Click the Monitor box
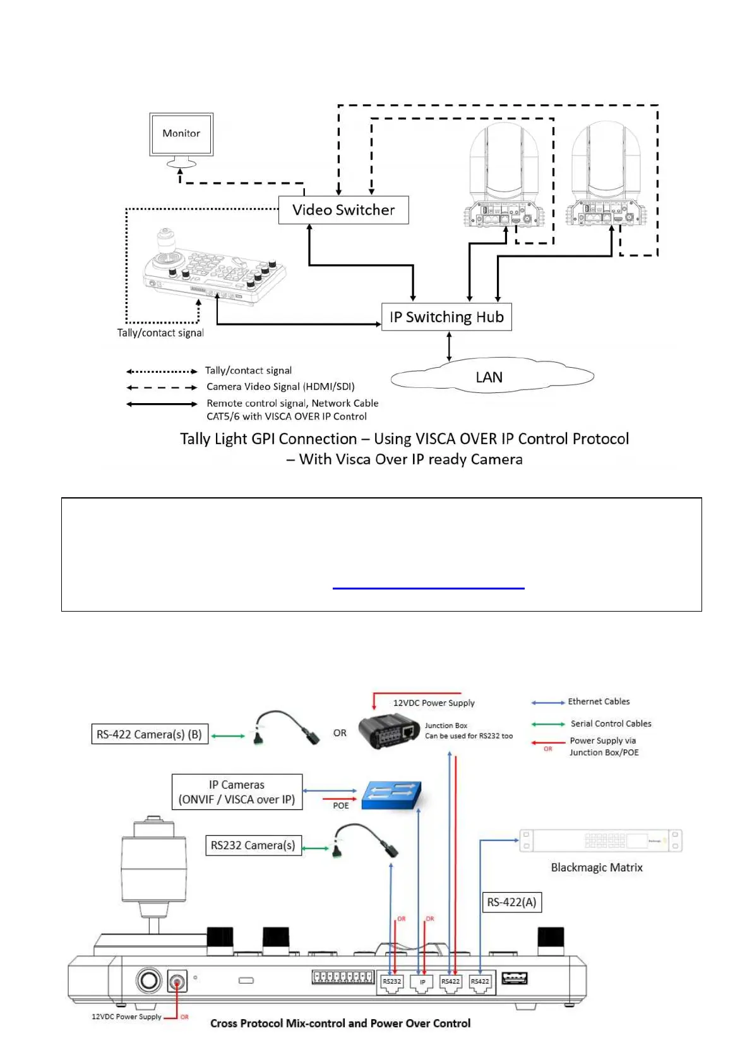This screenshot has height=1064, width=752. (x=181, y=133)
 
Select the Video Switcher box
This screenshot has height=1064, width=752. (x=343, y=210)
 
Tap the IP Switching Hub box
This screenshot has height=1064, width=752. (x=446, y=317)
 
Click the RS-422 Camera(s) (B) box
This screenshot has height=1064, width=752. (x=150, y=734)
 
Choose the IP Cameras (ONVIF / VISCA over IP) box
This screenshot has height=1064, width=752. (x=237, y=792)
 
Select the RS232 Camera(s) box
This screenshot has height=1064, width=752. (x=253, y=845)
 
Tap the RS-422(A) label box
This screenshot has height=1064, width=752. (x=511, y=902)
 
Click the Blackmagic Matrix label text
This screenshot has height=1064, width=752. (x=597, y=868)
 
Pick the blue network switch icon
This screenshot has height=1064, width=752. (x=391, y=794)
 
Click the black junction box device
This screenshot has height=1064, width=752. (x=389, y=732)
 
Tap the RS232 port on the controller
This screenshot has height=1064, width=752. (x=391, y=982)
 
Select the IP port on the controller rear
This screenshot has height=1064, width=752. (x=422, y=982)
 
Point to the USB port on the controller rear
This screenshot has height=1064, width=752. (x=515, y=979)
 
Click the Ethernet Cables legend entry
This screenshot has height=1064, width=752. (x=599, y=701)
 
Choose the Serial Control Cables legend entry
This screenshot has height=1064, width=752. (x=611, y=723)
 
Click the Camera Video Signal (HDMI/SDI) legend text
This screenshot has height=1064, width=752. (x=280, y=387)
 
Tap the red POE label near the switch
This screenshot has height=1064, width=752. (x=341, y=806)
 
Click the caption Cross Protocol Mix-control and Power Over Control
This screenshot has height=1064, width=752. (x=340, y=1023)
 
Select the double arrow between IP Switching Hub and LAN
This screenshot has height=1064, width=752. (x=449, y=346)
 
